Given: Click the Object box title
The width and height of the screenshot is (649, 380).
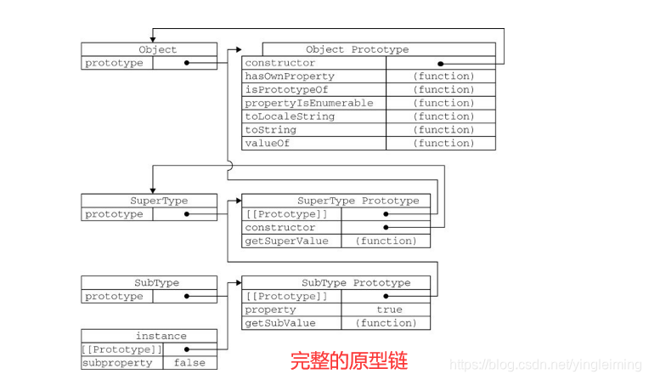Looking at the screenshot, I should pos(157,49).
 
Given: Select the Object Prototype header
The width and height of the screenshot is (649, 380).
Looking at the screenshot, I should pos(357,49).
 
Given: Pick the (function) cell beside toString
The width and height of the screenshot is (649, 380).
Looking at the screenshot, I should pos(443,129).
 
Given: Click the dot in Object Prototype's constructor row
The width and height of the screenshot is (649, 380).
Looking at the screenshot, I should pos(441,63).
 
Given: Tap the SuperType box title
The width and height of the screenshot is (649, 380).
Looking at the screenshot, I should pos(159,201).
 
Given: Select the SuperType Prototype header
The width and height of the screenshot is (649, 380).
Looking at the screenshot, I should pos(358,201).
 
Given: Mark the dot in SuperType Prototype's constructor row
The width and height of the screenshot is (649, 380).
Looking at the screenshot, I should pos(386,228).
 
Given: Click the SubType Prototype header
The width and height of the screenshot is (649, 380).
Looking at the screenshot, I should pos(356,282).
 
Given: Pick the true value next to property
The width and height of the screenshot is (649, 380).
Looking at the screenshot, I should pos(389,309).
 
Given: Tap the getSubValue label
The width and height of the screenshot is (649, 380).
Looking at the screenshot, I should pos(280,323).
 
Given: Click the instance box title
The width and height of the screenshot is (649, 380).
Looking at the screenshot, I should pos(161,336).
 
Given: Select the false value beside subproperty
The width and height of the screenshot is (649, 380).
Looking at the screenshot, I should pos(189,363).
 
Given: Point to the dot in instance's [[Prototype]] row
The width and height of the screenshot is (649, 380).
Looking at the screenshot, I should pos(186,349).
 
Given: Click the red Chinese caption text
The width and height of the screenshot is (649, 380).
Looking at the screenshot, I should pos(349,360).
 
